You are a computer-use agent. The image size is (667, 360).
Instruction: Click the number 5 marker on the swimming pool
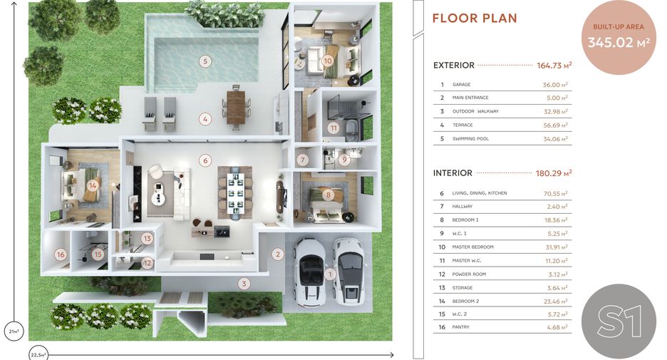click(x=205, y=61)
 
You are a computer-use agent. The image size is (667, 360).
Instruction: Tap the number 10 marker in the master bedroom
click(x=327, y=61)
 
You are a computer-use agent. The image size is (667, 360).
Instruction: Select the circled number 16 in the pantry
click(x=61, y=254)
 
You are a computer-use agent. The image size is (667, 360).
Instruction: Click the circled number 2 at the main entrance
click(x=278, y=254)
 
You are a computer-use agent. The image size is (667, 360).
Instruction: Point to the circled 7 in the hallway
click(x=303, y=160)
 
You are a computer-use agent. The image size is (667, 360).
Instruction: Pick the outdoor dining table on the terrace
click(x=236, y=106)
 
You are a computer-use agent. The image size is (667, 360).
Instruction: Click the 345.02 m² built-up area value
click(x=619, y=42)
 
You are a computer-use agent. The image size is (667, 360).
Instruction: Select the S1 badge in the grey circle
click(x=619, y=322)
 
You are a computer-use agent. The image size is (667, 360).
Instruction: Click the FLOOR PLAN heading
click(x=475, y=19)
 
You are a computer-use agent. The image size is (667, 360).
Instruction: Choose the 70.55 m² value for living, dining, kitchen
click(x=556, y=193)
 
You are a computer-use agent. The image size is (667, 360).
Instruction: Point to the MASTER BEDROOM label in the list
click(x=472, y=247)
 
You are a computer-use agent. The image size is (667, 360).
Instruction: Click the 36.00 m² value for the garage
click(x=555, y=85)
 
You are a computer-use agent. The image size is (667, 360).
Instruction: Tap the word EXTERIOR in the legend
click(x=453, y=65)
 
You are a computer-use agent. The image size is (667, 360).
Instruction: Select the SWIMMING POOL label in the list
click(x=470, y=139)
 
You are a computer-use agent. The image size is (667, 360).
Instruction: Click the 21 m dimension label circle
click(x=14, y=331)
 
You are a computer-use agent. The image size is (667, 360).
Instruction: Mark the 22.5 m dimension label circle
click(x=38, y=354)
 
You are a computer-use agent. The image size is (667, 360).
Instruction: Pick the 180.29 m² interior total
click(x=554, y=173)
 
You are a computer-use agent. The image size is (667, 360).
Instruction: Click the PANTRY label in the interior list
click(x=460, y=327)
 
